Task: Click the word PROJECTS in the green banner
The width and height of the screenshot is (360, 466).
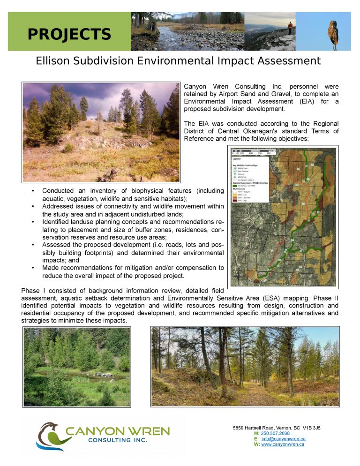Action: click(69, 34)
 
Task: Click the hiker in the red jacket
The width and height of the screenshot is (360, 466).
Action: click(291, 27)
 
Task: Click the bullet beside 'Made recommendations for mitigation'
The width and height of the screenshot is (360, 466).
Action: click(32, 268)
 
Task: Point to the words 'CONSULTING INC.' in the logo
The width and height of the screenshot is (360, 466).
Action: click(117, 440)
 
